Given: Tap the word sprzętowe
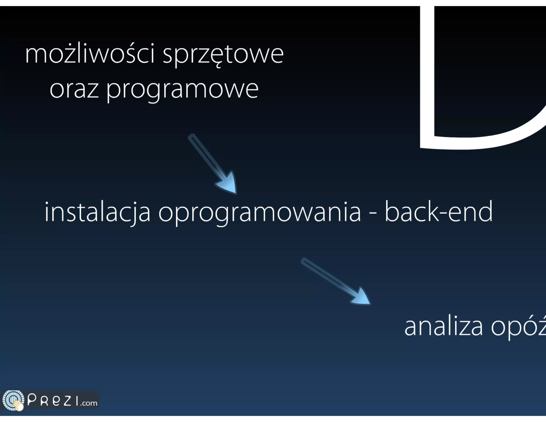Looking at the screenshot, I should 223,55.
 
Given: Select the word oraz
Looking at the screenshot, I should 74,89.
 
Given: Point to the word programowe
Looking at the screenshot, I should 182,90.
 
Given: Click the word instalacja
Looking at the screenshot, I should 97,212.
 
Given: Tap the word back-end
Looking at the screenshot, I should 438,212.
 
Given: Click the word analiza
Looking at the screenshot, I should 443,327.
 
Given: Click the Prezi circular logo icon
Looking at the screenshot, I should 12,400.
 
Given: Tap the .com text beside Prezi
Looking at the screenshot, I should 89,403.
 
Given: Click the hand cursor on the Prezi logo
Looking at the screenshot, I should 19,405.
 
